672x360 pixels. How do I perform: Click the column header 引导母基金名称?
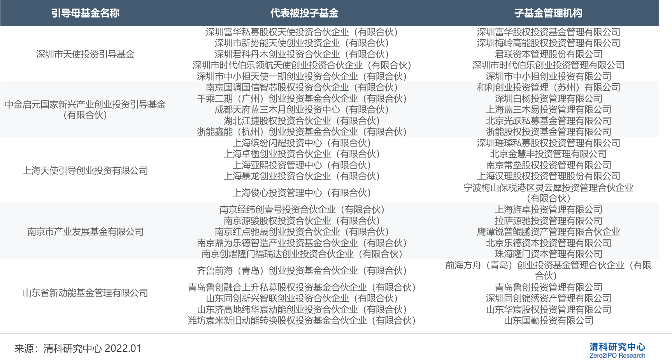pyautogui.click(x=85, y=13)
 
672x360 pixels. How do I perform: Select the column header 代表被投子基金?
pyautogui.click(x=304, y=13)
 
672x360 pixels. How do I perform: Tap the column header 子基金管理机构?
pyautogui.click(x=548, y=13)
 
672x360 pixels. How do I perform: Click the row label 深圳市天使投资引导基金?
pyautogui.click(x=85, y=54)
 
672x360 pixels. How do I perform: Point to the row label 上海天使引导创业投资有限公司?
pyautogui.click(x=85, y=170)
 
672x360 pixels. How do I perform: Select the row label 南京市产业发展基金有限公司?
pyautogui.click(x=85, y=232)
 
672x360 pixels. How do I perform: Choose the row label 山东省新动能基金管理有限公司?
pyautogui.click(x=85, y=293)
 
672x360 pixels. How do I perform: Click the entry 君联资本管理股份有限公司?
pyautogui.click(x=548, y=54)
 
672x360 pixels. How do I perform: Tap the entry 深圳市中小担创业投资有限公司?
pyautogui.click(x=548, y=76)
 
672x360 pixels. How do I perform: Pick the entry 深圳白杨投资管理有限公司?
pyautogui.click(x=548, y=98)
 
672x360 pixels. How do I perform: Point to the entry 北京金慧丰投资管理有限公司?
pyautogui.click(x=548, y=154)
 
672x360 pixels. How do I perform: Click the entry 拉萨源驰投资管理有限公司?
pyautogui.click(x=548, y=221)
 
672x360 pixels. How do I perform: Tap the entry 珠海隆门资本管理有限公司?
pyautogui.click(x=548, y=254)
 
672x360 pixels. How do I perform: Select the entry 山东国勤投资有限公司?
pyautogui.click(x=548, y=320)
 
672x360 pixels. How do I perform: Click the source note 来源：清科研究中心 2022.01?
pyautogui.click(x=78, y=348)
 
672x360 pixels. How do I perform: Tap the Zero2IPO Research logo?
pyautogui.click(x=617, y=350)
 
